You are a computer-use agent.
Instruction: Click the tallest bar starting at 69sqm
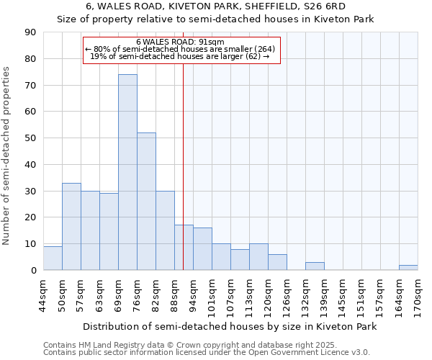pyautogui.click(x=127, y=173)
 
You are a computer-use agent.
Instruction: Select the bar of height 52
pyautogui.click(x=146, y=202)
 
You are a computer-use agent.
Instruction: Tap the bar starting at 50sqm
pyautogui.click(x=71, y=227)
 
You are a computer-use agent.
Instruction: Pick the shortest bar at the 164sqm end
pyautogui.click(x=408, y=268)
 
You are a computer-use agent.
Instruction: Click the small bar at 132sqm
pyautogui.click(x=315, y=266)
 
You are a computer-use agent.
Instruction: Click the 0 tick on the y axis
pyautogui.click(x=34, y=271)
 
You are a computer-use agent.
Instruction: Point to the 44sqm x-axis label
pyautogui.click(x=44, y=294)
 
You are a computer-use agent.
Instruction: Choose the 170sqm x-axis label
pyautogui.click(x=418, y=294)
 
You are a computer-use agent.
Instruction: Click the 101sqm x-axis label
pyautogui.click(x=212, y=294)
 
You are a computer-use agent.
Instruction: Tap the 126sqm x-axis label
pyautogui.click(x=287, y=294)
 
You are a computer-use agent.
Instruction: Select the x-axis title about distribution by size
pyautogui.click(x=230, y=327)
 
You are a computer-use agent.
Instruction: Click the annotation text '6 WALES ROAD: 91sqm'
pyautogui.click(x=180, y=42)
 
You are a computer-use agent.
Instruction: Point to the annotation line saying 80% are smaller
pyautogui.click(x=180, y=49)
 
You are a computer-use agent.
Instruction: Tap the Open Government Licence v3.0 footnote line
pyautogui.click(x=207, y=353)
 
